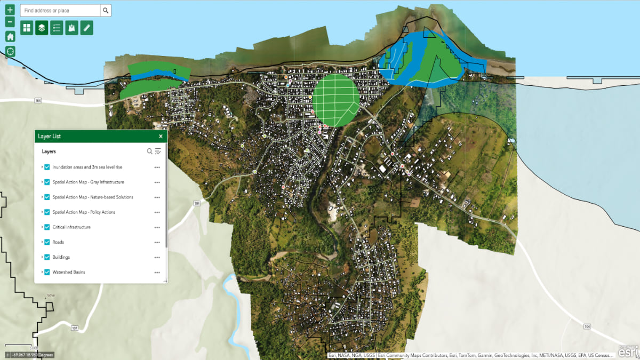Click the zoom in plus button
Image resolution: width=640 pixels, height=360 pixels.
(x=10, y=10)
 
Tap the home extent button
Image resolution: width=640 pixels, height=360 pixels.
(x=10, y=36)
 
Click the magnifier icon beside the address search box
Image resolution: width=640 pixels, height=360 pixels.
(x=106, y=11)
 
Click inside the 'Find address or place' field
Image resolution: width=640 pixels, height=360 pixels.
(x=60, y=11)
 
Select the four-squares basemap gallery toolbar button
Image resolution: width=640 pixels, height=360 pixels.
(x=27, y=28)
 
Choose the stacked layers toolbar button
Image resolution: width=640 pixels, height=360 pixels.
(x=42, y=28)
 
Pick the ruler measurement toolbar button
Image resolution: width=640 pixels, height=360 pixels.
(x=87, y=28)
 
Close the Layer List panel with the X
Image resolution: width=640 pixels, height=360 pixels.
(x=161, y=137)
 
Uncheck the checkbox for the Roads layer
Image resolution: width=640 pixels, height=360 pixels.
(x=47, y=242)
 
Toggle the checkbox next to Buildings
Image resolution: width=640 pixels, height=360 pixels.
(x=47, y=257)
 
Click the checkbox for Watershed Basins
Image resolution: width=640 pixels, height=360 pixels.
(x=47, y=272)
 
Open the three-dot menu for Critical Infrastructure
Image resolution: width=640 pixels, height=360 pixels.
(x=157, y=227)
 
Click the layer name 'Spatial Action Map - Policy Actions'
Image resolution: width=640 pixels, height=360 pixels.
(x=84, y=212)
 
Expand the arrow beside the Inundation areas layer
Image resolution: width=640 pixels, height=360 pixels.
(x=42, y=167)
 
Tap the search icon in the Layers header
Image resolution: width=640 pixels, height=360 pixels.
(x=150, y=151)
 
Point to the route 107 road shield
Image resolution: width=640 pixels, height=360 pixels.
(x=74, y=327)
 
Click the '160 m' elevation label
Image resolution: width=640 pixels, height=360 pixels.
(x=50, y=295)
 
